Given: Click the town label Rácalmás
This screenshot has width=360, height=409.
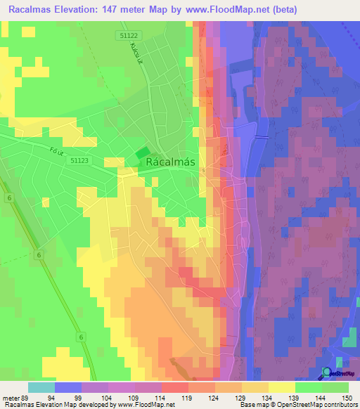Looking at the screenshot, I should click(x=175, y=162).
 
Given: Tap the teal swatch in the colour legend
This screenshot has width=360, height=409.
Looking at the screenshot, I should click(x=41, y=387).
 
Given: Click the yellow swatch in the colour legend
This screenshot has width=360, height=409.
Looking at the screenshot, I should click(x=282, y=387).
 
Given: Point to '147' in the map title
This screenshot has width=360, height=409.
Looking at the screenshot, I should click(x=115, y=10).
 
